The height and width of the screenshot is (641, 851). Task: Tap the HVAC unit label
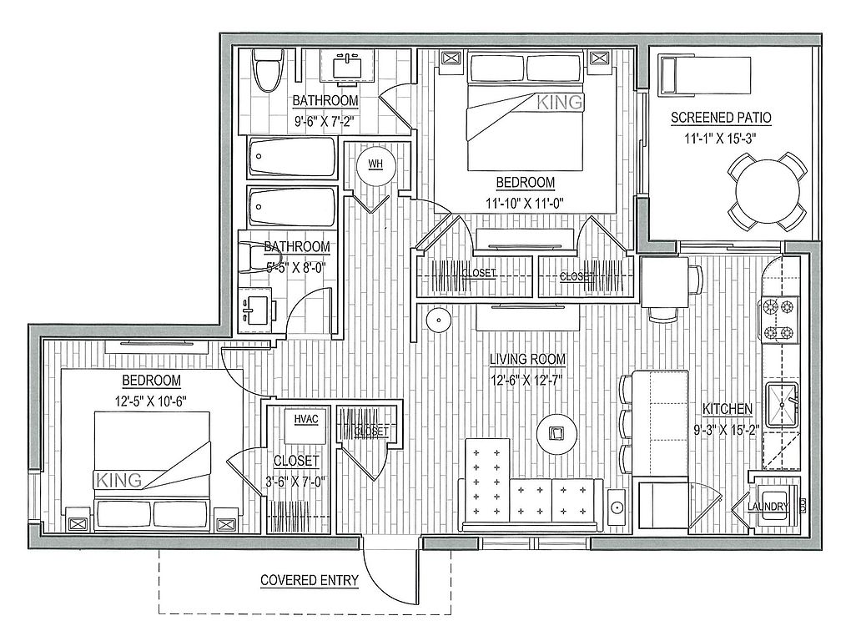pos(305,419)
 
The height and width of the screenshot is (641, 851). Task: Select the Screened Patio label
pos(721,117)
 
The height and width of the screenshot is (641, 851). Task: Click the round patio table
pos(766,192)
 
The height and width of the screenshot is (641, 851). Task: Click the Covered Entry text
pos(310,580)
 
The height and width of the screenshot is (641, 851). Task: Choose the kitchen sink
pos(782,405)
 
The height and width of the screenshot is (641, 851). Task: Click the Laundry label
pos(768,507)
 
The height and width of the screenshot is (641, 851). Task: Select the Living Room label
pos(527,359)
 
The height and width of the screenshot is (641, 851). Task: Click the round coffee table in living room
pos(556,434)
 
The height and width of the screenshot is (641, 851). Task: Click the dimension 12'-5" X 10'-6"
pos(151,401)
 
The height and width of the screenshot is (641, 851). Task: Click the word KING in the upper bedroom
pos(559,102)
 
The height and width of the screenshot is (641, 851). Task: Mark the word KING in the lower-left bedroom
pos(118,480)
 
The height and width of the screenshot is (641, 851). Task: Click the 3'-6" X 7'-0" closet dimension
pos(296,482)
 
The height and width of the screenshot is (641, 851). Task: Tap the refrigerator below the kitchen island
pos(663,505)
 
